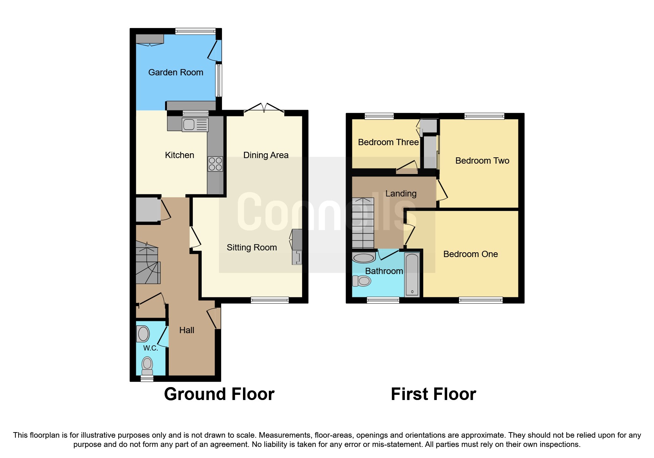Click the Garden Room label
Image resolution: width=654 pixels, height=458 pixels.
(176, 72)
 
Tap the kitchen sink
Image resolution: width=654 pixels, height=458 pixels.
(195, 125)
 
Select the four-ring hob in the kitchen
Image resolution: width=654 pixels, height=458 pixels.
(215, 164)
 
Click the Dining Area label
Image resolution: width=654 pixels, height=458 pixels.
(266, 155)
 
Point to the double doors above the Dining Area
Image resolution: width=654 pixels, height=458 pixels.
(264, 108)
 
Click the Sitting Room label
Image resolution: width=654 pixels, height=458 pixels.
(251, 247)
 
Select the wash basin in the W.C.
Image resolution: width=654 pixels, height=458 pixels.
(143, 334)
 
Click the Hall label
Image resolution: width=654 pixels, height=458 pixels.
(186, 330)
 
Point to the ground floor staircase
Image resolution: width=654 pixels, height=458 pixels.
(148, 263)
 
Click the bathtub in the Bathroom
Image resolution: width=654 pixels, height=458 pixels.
(412, 274)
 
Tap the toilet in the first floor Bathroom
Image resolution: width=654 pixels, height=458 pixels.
(362, 281)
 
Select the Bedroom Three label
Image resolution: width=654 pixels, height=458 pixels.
(388, 142)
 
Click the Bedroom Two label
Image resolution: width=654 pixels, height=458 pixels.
(482, 161)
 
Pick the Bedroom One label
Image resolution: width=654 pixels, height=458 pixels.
(470, 254)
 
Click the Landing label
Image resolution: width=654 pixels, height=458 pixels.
(401, 194)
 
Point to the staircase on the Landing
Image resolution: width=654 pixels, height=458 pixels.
(363, 223)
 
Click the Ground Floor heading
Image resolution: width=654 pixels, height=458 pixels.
(219, 394)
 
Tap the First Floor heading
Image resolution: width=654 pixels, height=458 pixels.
(433, 394)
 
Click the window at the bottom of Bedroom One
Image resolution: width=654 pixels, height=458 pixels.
(480, 300)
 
